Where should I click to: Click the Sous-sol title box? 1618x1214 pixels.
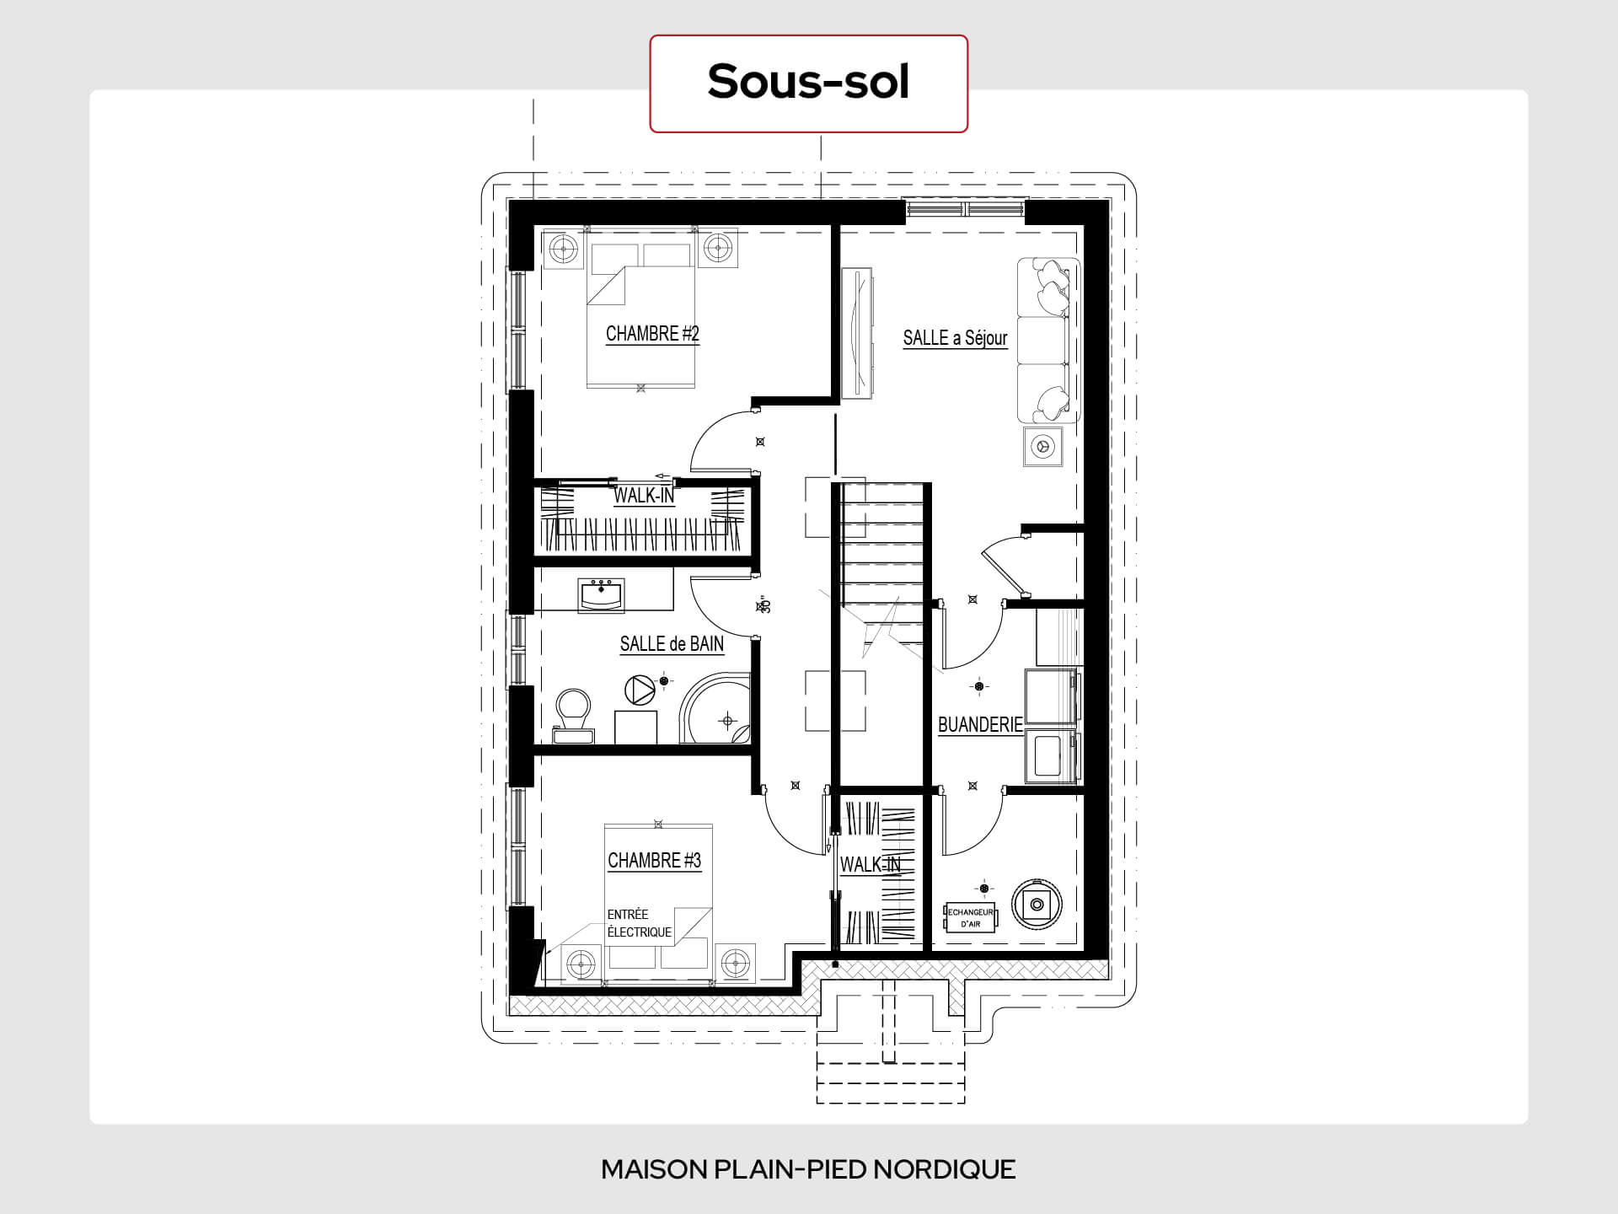coord(808,83)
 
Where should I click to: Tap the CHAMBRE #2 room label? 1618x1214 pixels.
coord(652,334)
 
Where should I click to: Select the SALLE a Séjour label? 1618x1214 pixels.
coord(955,338)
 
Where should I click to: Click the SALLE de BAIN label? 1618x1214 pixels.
coord(672,644)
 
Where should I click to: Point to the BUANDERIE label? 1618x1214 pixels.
coord(980,724)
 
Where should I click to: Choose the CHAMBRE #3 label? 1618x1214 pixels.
coord(655,861)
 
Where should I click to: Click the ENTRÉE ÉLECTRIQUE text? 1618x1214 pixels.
coord(640,923)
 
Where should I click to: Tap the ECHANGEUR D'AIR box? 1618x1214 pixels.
coord(970,918)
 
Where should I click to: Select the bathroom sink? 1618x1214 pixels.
coord(601,594)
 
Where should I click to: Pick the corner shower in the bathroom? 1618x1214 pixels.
coord(715,708)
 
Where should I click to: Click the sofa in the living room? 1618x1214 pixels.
coord(1048,340)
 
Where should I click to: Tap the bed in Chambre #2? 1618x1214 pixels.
coord(641,315)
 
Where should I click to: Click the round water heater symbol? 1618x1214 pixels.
coord(1037,905)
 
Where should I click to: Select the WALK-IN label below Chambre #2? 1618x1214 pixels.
coord(644,495)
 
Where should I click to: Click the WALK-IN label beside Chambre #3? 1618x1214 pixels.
coord(870,864)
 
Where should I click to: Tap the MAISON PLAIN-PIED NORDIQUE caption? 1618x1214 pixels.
coord(808,1169)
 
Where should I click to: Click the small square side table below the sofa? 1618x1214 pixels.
coord(1043,447)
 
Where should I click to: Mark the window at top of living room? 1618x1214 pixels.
coord(965,209)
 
